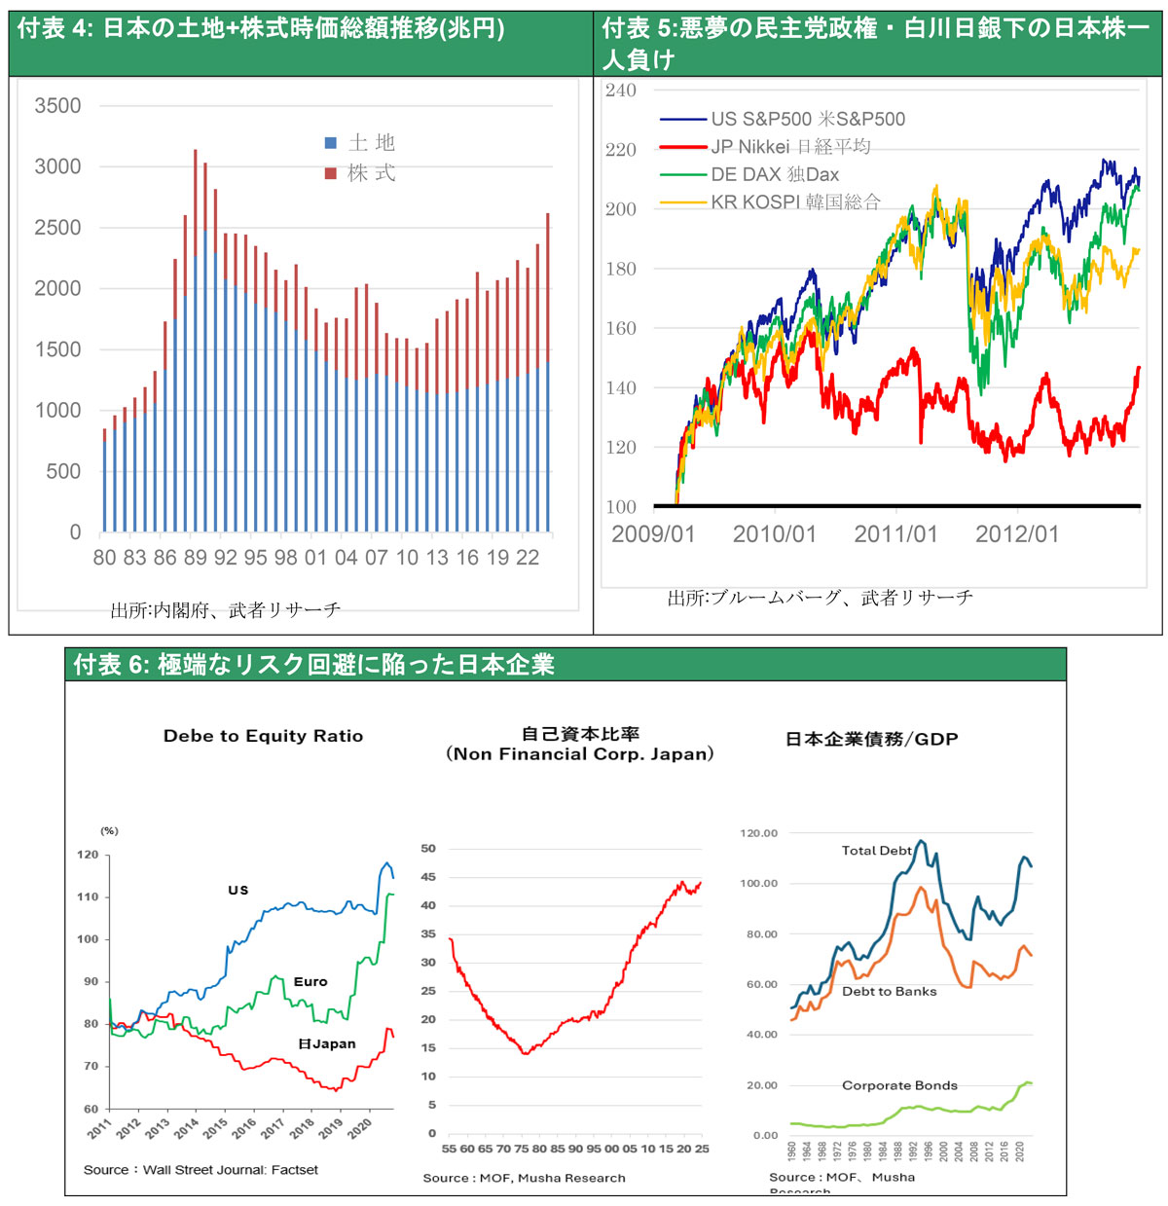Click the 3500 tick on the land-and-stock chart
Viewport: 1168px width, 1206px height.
(x=57, y=106)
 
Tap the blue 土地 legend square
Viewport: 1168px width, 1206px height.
(x=331, y=143)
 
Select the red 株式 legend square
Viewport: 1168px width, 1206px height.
(x=331, y=173)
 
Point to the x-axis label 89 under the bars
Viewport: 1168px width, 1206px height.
(x=195, y=558)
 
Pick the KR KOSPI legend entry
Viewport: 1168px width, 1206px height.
(x=794, y=202)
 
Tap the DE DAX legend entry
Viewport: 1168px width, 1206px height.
(x=774, y=175)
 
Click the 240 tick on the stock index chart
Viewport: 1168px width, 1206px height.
(x=620, y=91)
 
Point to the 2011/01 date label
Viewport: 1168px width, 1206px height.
(x=895, y=534)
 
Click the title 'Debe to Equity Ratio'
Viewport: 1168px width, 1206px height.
(x=263, y=736)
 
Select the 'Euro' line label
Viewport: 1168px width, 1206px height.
(x=310, y=982)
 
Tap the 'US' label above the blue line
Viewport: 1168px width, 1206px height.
(x=238, y=890)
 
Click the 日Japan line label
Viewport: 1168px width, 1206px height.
(x=327, y=1043)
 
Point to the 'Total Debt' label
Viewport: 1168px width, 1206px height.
(x=876, y=851)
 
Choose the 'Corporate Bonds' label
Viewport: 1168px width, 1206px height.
(x=899, y=1085)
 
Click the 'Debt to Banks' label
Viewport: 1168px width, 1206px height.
(x=889, y=991)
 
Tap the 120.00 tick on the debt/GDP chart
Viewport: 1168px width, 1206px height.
(x=759, y=833)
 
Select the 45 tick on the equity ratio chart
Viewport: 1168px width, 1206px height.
(x=428, y=877)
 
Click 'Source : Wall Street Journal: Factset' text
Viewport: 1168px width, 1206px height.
(x=201, y=1169)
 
